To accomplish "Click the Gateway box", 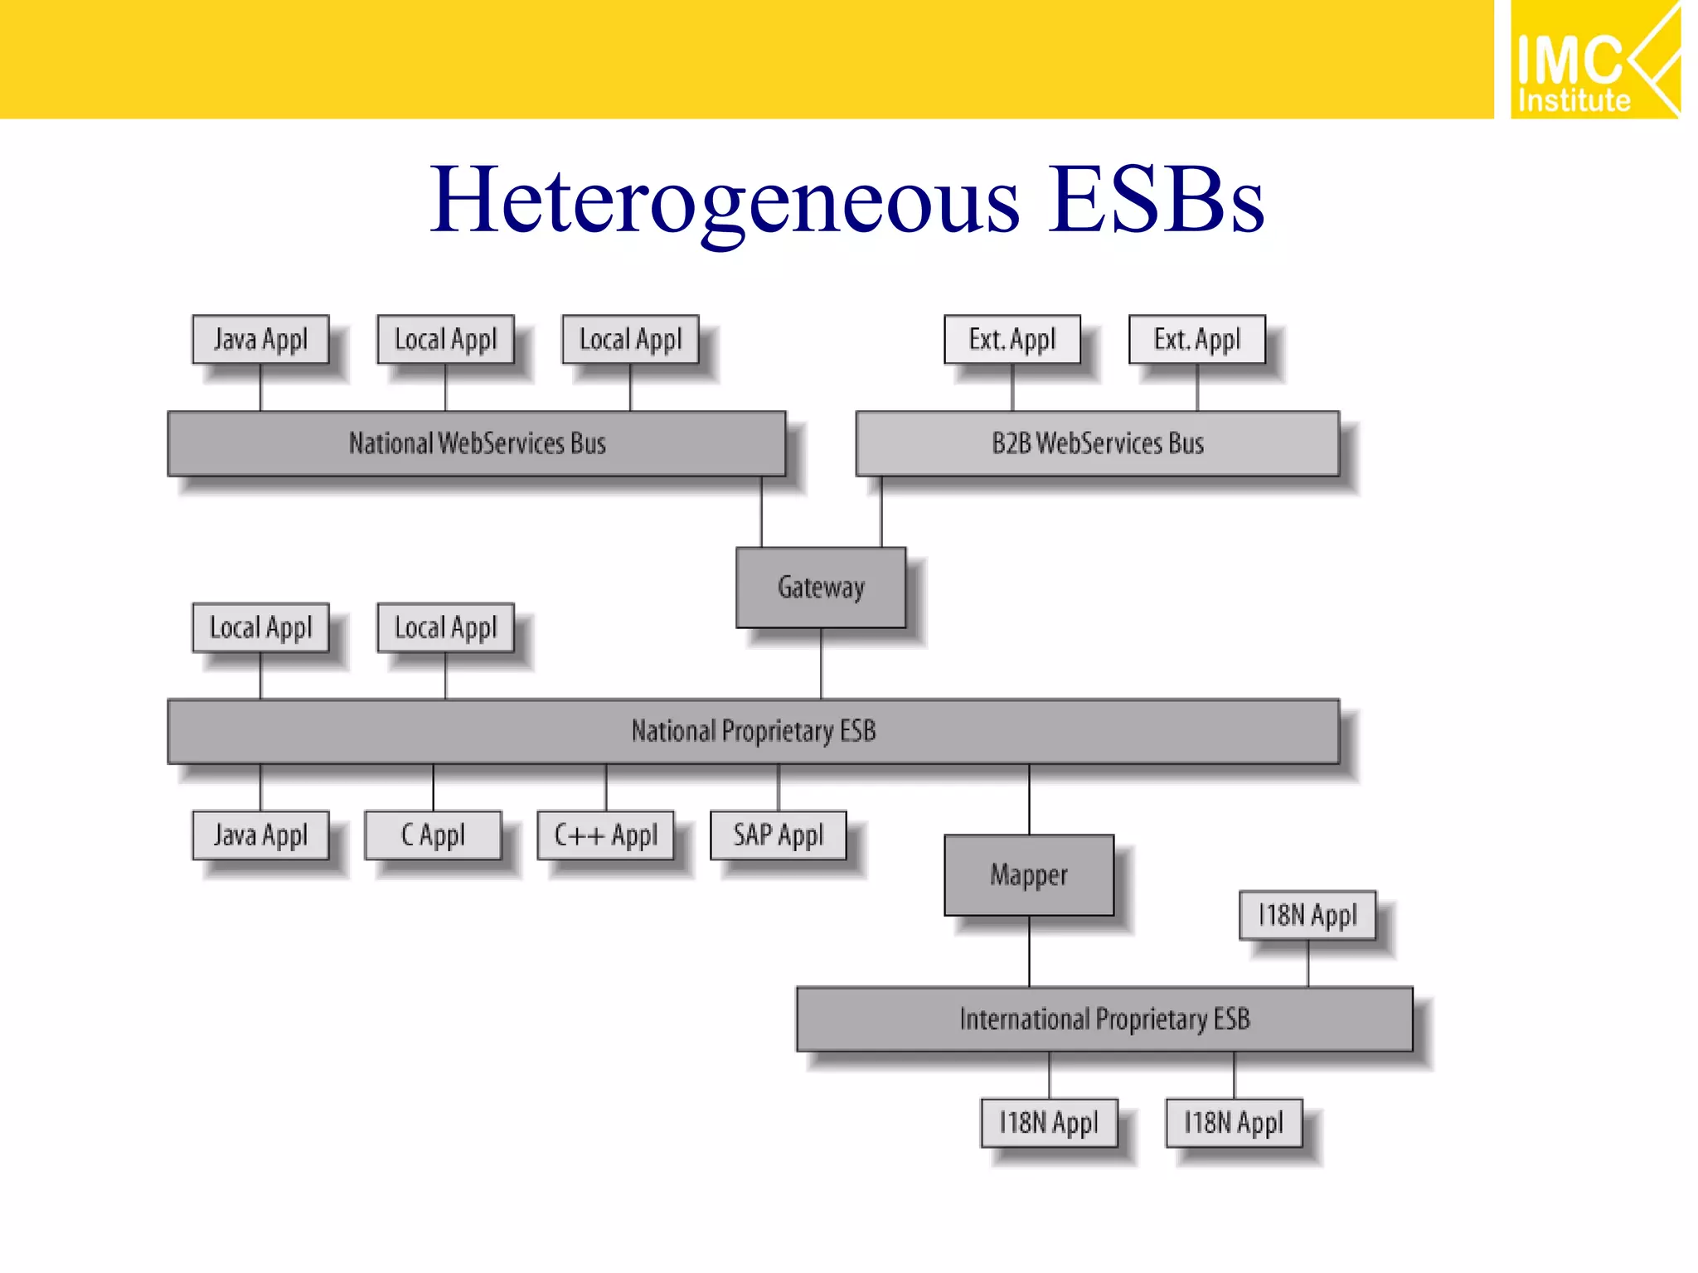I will coord(821,588).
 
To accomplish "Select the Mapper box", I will coord(1029,875).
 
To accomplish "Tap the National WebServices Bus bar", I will coord(477,443).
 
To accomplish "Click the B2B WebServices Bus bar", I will coord(1097,443).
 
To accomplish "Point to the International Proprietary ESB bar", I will coord(1104,1019).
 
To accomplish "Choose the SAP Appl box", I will coord(779,835).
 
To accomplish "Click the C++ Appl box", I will coord(606,835).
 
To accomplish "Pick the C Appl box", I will coord(433,835).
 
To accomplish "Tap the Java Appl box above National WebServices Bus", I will coord(260,339).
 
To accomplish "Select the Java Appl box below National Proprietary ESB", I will coord(260,835).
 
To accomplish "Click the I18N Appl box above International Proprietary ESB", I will coord(1307,915).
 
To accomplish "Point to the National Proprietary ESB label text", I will coord(754,731).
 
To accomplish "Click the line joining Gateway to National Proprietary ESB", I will coord(821,663).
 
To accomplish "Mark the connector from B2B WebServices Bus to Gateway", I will coord(881,511).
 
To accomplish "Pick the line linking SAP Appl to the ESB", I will coord(779,787).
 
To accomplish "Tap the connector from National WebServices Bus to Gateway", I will coord(762,511).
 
